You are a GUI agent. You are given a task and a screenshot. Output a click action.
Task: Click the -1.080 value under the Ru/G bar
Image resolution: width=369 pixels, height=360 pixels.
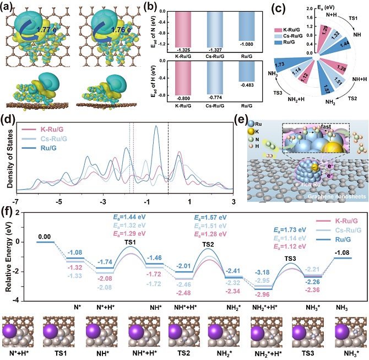pyautogui.click(x=247, y=44)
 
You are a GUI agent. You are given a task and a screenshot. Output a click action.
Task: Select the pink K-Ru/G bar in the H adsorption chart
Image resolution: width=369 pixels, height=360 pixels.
pyautogui.click(x=183, y=78)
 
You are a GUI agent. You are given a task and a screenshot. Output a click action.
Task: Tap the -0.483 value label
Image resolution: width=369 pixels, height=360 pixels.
pyautogui.click(x=247, y=85)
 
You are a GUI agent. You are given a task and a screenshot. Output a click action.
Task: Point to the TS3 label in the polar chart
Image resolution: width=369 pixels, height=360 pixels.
pyautogui.click(x=278, y=93)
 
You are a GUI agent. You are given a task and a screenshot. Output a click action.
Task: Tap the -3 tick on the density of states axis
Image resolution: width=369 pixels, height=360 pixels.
pyautogui.click(x=103, y=202)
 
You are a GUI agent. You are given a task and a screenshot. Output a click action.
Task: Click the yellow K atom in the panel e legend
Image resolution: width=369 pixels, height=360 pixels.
pyautogui.click(x=251, y=132)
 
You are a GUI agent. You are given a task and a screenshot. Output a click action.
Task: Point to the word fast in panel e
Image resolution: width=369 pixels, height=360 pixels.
pyautogui.click(x=326, y=127)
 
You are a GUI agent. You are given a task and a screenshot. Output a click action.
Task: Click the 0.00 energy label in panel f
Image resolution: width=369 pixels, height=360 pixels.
pyautogui.click(x=45, y=237)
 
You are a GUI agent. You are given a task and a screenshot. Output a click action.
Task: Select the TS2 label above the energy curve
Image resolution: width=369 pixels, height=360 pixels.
pyautogui.click(x=208, y=244)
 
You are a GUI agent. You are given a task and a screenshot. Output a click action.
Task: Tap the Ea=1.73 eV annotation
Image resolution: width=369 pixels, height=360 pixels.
pyautogui.click(x=290, y=230)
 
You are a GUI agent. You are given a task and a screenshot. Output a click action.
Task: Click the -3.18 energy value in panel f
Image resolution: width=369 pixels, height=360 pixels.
pyautogui.click(x=262, y=272)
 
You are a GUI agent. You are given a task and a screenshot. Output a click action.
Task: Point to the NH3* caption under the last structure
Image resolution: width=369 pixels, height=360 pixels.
pyautogui.click(x=351, y=353)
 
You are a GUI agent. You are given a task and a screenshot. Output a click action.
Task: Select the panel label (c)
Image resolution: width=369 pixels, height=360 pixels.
pyautogui.click(x=278, y=9)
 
